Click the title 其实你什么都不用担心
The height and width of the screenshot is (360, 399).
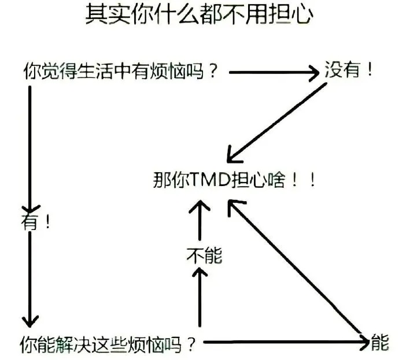199,15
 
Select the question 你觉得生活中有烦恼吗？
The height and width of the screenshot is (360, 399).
121,72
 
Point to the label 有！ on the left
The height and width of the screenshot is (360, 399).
36,222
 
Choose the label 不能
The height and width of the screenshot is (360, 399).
204,255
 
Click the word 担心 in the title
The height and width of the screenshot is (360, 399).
293,15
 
